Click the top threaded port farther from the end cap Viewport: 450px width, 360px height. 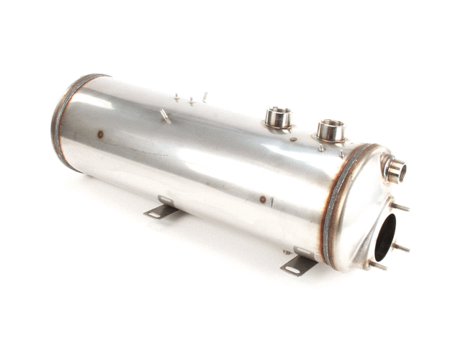tap(277, 117)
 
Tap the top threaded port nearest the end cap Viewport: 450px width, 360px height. tap(330, 131)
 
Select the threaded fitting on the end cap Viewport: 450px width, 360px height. tap(395, 170)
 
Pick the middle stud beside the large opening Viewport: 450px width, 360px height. tap(400, 247)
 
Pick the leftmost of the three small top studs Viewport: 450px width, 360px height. tap(176, 96)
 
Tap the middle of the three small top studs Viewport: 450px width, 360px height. tap(192, 101)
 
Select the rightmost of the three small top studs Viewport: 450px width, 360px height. tap(204, 96)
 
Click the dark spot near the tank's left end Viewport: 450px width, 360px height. tap(100, 134)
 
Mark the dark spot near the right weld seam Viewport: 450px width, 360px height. tap(263, 199)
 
